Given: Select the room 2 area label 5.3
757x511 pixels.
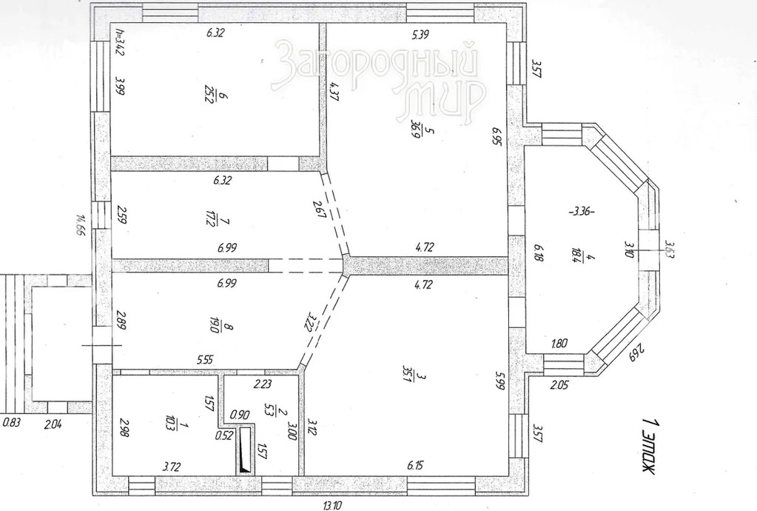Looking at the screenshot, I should coord(270,410).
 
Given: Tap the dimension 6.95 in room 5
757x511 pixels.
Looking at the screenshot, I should coord(497,138).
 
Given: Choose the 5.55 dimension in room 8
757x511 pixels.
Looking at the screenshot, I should coord(206,360).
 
